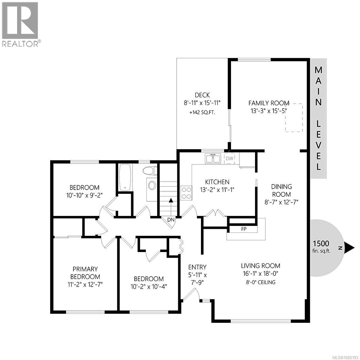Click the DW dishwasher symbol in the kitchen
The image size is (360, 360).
(x=229, y=158)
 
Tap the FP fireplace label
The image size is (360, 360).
(x=244, y=229)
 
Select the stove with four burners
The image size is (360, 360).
(x=186, y=193)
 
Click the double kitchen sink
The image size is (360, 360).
(x=213, y=158)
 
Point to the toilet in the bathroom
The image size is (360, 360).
(x=150, y=171)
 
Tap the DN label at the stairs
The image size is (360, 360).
(x=171, y=220)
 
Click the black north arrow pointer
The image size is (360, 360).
(x=349, y=248)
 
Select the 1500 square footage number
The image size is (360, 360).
(x=321, y=243)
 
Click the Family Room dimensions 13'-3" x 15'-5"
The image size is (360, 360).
(x=269, y=111)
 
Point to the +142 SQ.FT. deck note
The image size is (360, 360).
(x=202, y=113)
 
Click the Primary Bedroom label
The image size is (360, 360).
(x=85, y=273)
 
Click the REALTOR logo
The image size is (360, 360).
(x=20, y=24)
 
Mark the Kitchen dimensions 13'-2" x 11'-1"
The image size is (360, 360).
(x=217, y=190)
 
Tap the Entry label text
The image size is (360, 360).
(x=197, y=267)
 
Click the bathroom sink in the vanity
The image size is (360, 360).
(x=152, y=185)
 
